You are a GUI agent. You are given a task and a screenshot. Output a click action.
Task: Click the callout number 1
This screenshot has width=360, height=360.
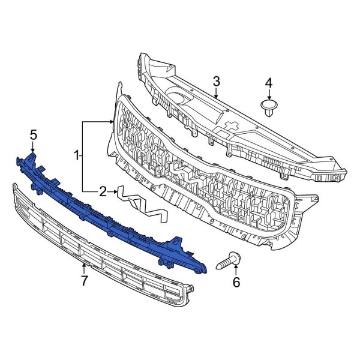click(x=77, y=155)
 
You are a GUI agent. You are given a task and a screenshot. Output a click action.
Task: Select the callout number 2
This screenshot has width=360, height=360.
click(x=103, y=191)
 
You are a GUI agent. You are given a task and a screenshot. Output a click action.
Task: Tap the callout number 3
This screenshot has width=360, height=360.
click(x=217, y=81)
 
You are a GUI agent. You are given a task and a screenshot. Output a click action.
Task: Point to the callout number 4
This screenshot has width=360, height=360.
click(x=269, y=82)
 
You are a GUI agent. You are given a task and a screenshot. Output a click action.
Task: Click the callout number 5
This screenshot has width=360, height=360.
click(x=33, y=134)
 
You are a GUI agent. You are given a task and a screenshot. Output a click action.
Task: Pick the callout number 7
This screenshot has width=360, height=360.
click(x=83, y=280)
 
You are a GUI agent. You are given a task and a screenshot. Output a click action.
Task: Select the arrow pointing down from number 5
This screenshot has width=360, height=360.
click(x=33, y=147)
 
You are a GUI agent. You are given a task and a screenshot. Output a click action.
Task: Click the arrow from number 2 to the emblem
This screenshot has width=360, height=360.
click(x=112, y=191)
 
